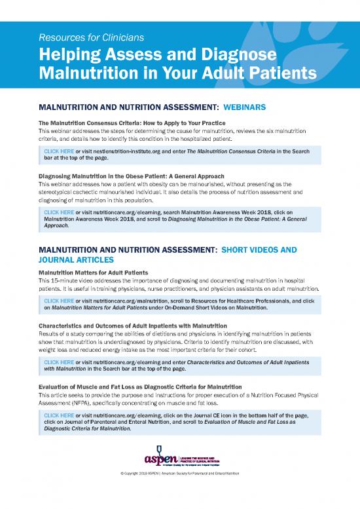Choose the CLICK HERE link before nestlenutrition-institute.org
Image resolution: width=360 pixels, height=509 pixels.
[x=58, y=151]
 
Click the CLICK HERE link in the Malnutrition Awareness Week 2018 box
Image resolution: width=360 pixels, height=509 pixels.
[x=58, y=212]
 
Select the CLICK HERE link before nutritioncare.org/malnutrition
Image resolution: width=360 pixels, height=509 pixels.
[x=58, y=300]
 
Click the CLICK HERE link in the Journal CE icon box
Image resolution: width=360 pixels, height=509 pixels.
[x=58, y=415]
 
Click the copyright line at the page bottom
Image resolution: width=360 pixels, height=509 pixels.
[x=179, y=491]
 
